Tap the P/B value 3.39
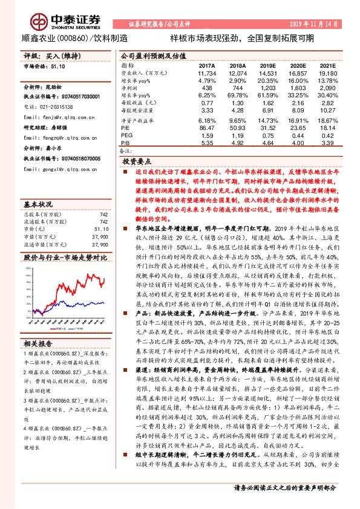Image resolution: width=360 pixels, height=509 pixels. point(327,143)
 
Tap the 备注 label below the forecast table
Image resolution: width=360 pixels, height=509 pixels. point(125,151)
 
